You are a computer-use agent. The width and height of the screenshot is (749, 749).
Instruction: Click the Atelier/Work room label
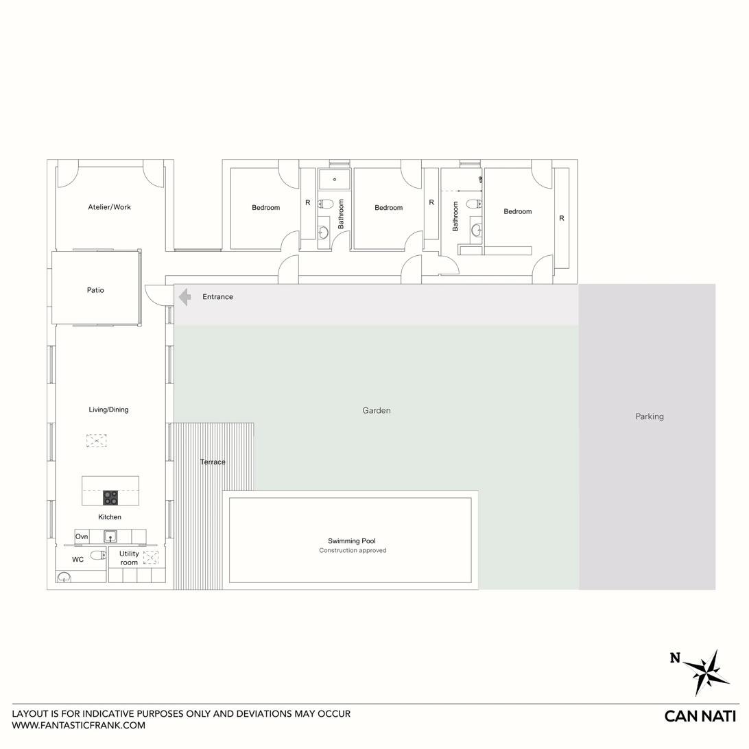pyautogui.click(x=109, y=207)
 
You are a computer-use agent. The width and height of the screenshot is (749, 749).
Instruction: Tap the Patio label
pyautogui.click(x=95, y=290)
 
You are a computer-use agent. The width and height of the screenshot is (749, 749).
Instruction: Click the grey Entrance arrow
pyautogui.click(x=185, y=296)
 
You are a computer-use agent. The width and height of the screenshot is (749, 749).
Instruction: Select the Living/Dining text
pyautogui.click(x=108, y=409)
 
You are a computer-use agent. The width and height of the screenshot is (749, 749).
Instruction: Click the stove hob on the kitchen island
pyautogui.click(x=110, y=498)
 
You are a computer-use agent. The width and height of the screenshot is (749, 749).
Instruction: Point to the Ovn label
pyautogui.click(x=82, y=536)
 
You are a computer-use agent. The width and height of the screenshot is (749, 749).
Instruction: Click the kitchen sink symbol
pyautogui.click(x=111, y=536)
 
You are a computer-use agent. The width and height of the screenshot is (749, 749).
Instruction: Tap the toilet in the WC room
pyautogui.click(x=98, y=555)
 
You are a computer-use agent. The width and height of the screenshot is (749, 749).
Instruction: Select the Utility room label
pyautogui.click(x=129, y=558)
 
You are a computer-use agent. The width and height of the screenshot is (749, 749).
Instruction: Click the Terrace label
pyautogui.click(x=213, y=462)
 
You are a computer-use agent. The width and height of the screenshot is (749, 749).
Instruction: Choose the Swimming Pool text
pyautogui.click(x=352, y=540)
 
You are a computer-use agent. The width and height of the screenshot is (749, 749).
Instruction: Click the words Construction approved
pyautogui.click(x=353, y=550)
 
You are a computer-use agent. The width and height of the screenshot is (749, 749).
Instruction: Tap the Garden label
pyautogui.click(x=377, y=410)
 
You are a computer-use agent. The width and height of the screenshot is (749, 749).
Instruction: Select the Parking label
pyautogui.click(x=650, y=416)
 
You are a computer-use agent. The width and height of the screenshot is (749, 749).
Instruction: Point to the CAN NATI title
pyautogui.click(x=700, y=716)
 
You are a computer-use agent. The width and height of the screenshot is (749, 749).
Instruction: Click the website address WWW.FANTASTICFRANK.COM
pyautogui.click(x=78, y=725)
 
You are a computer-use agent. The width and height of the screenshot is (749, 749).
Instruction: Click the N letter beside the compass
pyautogui.click(x=674, y=658)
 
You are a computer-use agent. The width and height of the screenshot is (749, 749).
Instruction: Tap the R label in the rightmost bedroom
pyautogui.click(x=562, y=218)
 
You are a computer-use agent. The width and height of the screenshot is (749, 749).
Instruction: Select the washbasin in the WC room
pyautogui.click(x=64, y=578)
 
